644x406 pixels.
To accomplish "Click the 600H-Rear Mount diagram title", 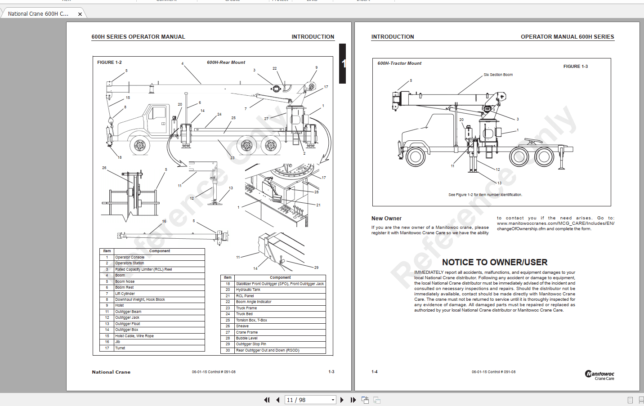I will [226, 62].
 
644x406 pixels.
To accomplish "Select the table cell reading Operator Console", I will [130, 257].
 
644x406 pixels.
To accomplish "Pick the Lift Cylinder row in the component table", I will [125, 294].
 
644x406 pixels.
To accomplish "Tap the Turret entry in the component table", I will [120, 348].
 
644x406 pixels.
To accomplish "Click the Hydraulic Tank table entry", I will [248, 290].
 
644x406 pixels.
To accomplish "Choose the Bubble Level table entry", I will [247, 338].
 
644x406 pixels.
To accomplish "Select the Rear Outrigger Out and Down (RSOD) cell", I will [268, 350].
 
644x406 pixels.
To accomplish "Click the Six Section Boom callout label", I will [498, 75].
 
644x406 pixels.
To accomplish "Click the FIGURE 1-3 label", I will [575, 67].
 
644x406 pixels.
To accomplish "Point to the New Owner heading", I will [386, 219].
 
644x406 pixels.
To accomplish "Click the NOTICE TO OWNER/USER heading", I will [494, 262].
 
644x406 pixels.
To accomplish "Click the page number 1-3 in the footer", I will [331, 372].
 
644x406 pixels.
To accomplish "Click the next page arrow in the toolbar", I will [342, 400].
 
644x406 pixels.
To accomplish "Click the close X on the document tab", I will [80, 14].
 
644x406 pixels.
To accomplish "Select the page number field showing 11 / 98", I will [310, 400].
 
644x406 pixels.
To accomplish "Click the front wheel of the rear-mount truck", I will [140, 146].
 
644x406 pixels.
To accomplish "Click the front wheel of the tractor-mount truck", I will [415, 156].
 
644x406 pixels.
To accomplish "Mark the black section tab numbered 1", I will [343, 63].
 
